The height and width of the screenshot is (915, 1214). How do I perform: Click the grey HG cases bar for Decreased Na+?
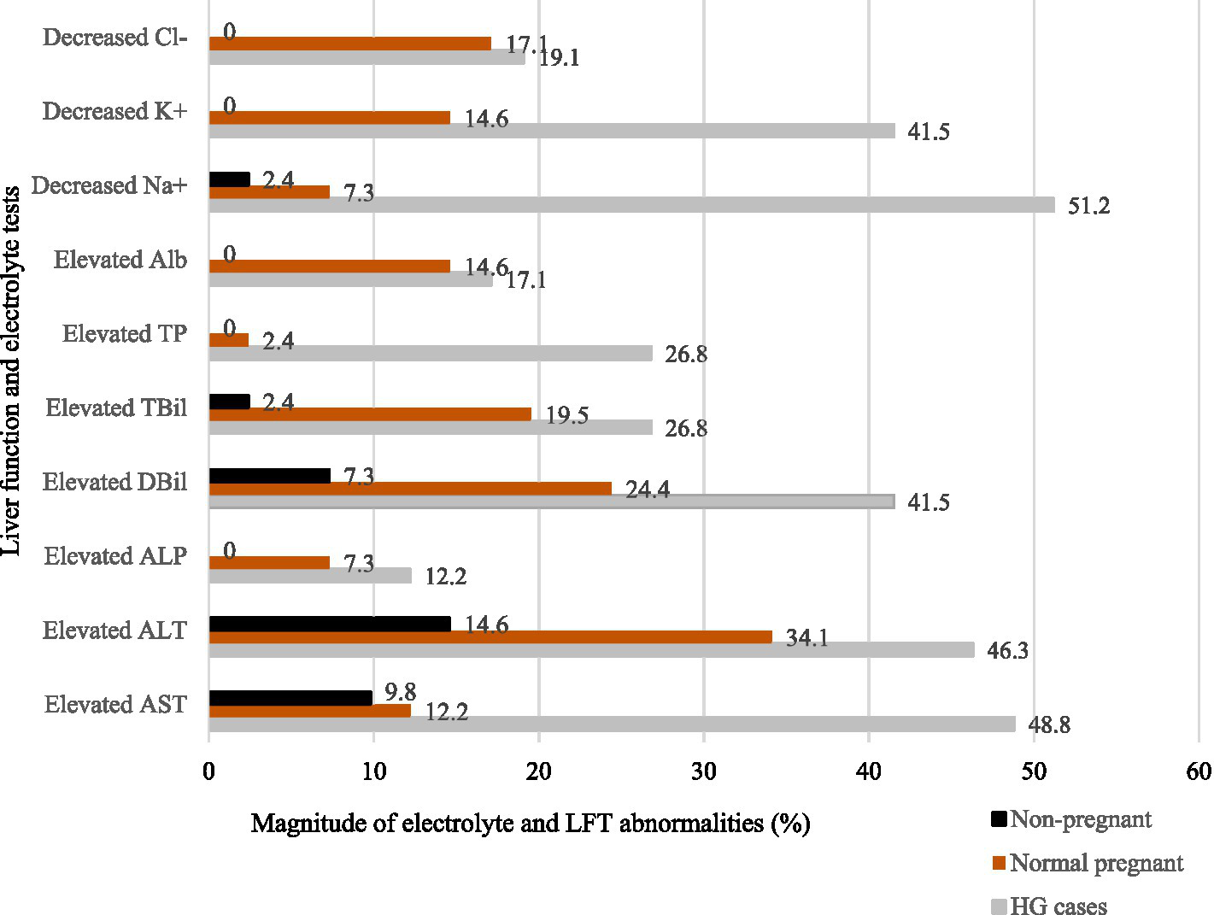631,205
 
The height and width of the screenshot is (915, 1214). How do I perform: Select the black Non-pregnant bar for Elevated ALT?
330,624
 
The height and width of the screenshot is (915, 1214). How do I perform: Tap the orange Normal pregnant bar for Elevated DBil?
410,489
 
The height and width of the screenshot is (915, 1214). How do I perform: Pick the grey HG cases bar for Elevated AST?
612,724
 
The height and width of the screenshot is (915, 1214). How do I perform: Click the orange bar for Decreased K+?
330,118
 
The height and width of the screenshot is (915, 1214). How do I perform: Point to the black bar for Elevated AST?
290,698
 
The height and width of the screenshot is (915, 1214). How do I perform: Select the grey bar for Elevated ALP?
310,576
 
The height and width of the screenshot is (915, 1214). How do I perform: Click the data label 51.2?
1088,207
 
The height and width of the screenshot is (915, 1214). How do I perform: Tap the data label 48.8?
1048,725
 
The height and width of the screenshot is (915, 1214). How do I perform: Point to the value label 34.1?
806,638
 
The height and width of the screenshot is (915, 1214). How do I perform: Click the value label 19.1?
559,58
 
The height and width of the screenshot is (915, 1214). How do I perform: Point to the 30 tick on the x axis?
703,771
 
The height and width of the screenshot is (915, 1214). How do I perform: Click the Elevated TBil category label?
116,408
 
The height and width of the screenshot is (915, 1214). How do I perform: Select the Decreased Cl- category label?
114,38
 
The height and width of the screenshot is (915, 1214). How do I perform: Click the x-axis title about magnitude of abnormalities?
530,824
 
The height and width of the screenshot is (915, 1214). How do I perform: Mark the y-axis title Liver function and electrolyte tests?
12,371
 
